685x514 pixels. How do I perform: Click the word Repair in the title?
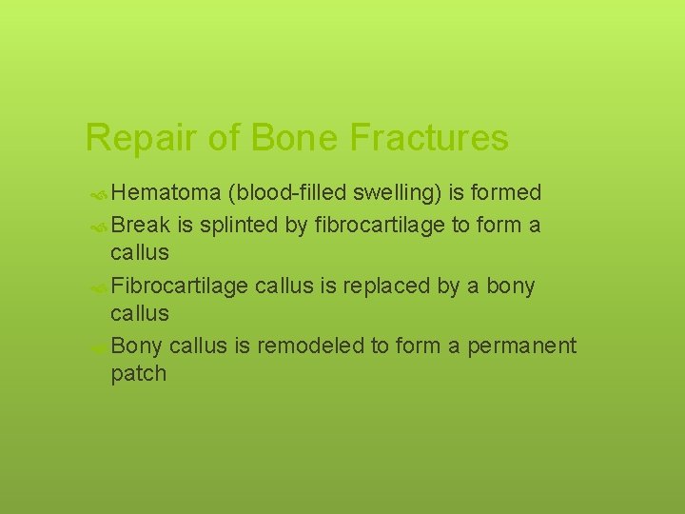142,139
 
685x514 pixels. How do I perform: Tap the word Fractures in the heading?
429,139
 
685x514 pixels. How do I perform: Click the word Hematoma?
166,193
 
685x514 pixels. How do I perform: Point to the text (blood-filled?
287,193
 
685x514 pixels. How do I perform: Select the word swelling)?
397,193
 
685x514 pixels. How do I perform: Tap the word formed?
506,193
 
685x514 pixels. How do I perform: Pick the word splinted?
240,225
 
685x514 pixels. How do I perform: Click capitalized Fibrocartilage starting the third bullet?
180,286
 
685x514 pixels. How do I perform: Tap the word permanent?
521,346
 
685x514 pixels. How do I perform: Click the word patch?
138,374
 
